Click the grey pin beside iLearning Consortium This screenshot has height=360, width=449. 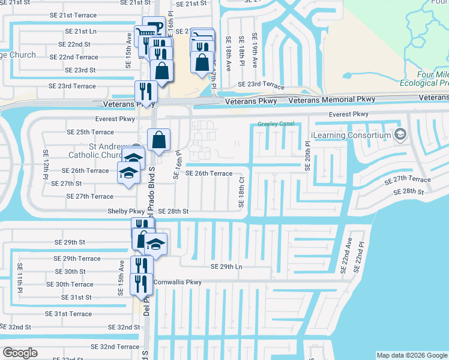(x=400, y=135)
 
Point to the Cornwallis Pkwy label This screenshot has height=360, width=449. (x=178, y=281)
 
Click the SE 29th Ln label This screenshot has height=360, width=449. (x=226, y=266)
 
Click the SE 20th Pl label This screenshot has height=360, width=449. (x=307, y=157)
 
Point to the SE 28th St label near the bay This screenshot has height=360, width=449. (x=409, y=192)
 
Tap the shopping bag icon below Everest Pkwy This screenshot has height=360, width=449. (x=159, y=140)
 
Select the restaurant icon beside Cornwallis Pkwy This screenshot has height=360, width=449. (x=142, y=283)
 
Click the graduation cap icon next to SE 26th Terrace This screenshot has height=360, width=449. (x=127, y=173)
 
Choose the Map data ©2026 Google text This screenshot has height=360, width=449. (x=411, y=355)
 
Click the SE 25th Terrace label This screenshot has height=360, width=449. (x=90, y=132)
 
